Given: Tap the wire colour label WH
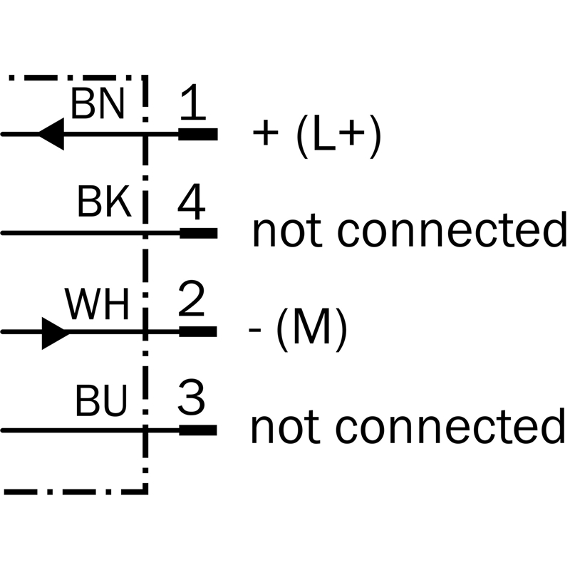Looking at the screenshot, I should point(98,305).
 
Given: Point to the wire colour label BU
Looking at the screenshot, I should point(101,403).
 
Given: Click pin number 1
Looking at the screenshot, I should point(192,104).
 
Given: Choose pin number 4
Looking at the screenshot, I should point(192,204).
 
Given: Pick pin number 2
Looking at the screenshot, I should point(191,302).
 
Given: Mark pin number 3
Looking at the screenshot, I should point(191,401).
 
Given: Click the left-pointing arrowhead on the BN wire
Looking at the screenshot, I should point(51,134).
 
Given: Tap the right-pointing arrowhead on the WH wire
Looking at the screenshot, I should point(55,332).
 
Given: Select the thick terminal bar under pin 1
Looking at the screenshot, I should point(197,134).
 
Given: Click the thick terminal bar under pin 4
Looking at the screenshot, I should point(198,233).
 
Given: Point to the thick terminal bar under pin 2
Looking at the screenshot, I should point(197,331).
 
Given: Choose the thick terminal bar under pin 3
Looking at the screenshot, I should point(197,430).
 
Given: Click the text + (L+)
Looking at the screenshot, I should point(318,135).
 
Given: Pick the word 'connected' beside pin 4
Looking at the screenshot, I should point(450,229).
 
